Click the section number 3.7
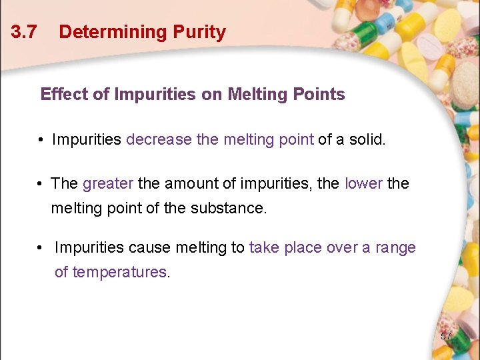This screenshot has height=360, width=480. [24, 32]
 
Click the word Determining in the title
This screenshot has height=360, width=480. [112, 32]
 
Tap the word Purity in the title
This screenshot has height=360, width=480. [199, 32]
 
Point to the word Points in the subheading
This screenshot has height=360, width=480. [320, 94]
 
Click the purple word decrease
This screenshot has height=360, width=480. [158, 140]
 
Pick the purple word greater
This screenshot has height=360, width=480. [108, 183]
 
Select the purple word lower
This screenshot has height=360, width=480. [363, 183]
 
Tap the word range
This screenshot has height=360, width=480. [395, 248]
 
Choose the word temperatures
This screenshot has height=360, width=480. [119, 272]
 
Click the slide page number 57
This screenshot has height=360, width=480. [446, 336]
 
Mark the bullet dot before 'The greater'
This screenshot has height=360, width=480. [41, 184]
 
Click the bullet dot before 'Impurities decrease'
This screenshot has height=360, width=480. [41, 141]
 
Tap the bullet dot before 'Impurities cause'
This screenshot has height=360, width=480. [41, 249]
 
